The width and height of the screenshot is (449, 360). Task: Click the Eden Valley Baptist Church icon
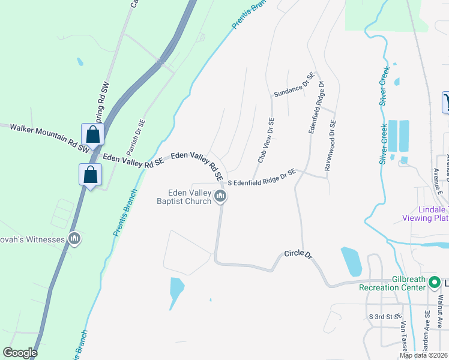point(220,196)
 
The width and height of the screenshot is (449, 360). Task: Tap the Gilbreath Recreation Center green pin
point(433,281)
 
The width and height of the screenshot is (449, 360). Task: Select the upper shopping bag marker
point(92,134)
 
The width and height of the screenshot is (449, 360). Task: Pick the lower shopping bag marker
point(90,175)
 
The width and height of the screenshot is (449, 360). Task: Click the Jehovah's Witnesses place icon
point(74,239)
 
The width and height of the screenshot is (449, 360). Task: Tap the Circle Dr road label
point(299,255)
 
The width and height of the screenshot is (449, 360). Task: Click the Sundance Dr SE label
point(294,85)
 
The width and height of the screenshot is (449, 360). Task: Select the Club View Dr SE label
point(265,140)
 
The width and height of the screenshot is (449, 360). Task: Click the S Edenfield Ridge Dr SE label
point(261,176)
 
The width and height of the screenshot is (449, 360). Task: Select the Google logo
point(20,353)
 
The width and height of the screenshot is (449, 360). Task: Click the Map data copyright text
point(424,355)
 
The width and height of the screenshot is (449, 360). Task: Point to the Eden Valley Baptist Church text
point(190,197)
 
